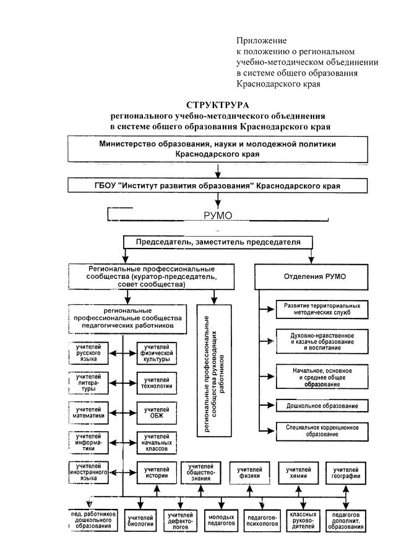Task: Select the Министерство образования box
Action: tap(217, 149)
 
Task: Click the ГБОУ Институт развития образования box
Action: tap(217, 186)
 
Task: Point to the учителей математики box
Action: tap(90, 412)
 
